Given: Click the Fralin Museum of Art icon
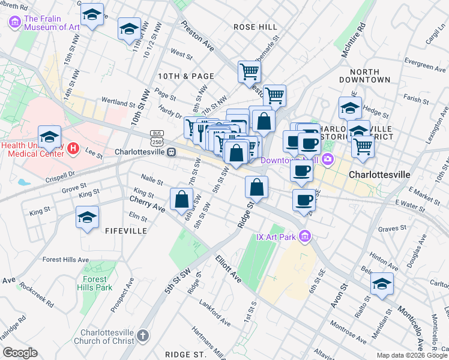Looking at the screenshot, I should (x=15, y=22).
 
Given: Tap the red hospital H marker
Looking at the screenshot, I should (x=73, y=148).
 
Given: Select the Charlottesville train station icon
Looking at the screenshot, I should (x=171, y=152).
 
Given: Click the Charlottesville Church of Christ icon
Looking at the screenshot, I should (x=143, y=335).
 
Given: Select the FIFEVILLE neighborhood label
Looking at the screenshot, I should (x=126, y=231).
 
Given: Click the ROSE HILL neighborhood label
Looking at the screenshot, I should (x=255, y=27).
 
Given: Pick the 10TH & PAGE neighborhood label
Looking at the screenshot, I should (x=185, y=76).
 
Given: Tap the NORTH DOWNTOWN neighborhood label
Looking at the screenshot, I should (x=364, y=75).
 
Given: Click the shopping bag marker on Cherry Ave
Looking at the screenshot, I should (x=181, y=199).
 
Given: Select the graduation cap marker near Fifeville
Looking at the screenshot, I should (x=88, y=217).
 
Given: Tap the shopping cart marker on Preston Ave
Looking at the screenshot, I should (x=249, y=71).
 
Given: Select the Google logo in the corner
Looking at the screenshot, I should (x=20, y=352).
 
